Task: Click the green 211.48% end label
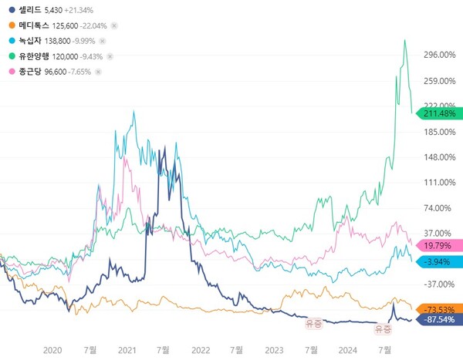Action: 438,114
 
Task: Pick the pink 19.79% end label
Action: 438,246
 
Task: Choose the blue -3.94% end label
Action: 438,262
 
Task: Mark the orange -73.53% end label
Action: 438,308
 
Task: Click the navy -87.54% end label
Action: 438,319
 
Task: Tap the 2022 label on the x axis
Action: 201,350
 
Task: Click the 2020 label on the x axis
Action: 52,350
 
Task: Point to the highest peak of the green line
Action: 404,40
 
